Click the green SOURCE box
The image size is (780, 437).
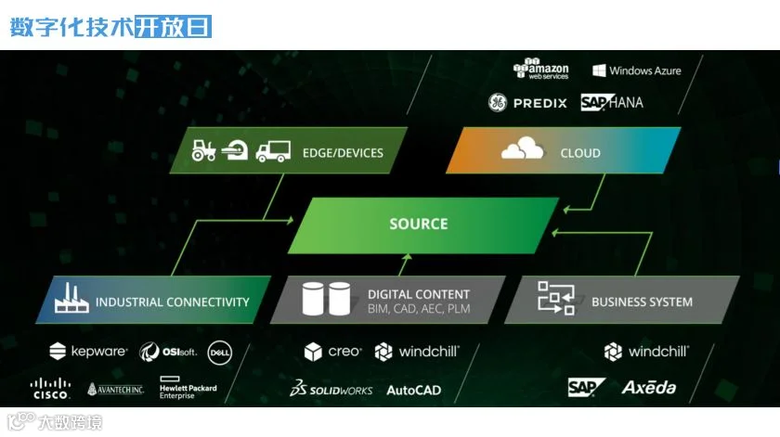[419, 224]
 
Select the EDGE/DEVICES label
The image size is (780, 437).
[343, 152]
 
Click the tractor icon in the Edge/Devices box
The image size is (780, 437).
[203, 149]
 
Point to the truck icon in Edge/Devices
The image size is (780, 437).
[273, 150]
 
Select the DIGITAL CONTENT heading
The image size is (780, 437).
[419, 294]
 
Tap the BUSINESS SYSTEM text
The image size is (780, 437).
[642, 302]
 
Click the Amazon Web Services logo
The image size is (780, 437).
[541, 70]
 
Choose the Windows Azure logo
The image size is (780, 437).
[637, 71]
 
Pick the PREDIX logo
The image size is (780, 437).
[527, 103]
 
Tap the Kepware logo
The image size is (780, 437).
[87, 352]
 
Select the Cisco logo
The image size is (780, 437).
[50, 388]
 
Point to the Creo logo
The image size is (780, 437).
[331, 352]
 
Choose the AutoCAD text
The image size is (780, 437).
[413, 390]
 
